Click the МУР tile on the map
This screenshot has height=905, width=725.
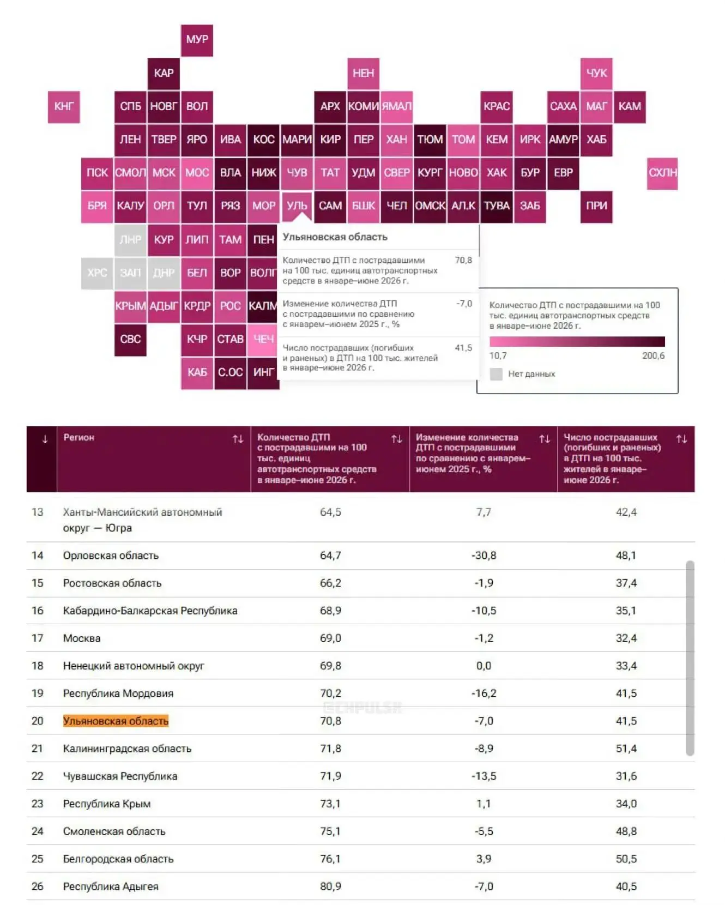[197, 40]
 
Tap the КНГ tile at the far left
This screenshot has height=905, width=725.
[64, 106]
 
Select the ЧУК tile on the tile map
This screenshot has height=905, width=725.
[596, 73]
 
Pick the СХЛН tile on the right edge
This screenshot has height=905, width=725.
[662, 173]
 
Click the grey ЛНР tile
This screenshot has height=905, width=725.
[130, 239]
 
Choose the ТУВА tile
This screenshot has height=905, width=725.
[497, 206]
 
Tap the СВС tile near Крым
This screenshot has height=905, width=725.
[130, 339]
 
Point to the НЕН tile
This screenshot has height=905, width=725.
[364, 73]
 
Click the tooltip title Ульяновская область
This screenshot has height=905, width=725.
[335, 237]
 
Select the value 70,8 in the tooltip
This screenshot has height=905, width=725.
[463, 260]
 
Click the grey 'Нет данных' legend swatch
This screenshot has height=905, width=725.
[496, 374]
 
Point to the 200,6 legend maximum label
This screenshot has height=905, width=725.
[653, 355]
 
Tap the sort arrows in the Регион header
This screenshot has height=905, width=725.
[238, 439]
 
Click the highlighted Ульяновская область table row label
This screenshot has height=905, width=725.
[116, 721]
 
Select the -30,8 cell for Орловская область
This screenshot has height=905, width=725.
[484, 556]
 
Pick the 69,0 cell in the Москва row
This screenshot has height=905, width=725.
[330, 638]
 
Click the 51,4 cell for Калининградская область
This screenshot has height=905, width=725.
[626, 749]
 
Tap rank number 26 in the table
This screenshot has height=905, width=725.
[38, 886]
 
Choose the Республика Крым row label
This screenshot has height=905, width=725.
[107, 804]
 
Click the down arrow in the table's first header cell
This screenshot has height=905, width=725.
[45, 439]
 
